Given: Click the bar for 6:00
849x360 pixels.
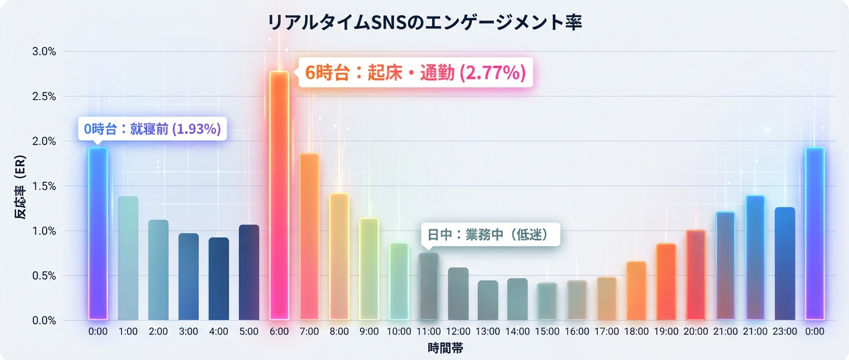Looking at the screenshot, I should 279,196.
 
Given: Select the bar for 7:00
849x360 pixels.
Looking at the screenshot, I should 309,237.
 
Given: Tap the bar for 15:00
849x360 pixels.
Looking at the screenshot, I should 547,302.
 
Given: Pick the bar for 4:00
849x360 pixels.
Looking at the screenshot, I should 219,279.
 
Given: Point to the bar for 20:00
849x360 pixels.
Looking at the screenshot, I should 696,275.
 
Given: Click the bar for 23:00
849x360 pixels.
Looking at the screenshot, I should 785,264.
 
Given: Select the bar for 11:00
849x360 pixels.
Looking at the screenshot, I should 428,287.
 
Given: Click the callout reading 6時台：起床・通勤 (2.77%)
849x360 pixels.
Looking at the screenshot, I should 415,72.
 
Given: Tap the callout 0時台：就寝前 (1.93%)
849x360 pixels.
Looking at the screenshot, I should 152,129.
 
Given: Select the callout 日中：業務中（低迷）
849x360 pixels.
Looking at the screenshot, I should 490,235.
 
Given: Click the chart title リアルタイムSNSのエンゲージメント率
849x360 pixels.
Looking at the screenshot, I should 424,22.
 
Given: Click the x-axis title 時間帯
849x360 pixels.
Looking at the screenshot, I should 445,348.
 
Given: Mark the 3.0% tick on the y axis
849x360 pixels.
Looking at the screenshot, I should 44,51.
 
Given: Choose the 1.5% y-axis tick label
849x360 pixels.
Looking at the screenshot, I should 44,186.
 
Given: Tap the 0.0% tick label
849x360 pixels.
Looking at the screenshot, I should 44,320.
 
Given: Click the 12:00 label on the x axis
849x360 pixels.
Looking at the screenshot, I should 458,332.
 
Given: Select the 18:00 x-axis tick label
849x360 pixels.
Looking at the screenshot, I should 636,332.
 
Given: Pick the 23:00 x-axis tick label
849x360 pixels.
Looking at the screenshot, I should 785,332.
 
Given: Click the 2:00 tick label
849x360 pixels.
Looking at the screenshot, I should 158,332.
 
